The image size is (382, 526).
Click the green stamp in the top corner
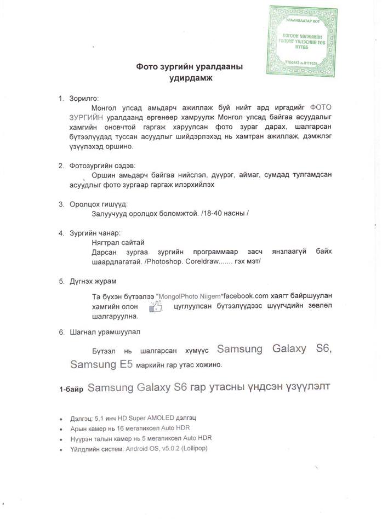(302, 42)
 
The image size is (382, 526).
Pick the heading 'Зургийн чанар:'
(95, 233)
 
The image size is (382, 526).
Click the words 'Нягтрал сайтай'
(118, 243)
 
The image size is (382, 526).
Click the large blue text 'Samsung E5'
(101, 364)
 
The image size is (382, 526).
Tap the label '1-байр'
(71, 390)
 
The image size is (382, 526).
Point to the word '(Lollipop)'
(190, 448)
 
